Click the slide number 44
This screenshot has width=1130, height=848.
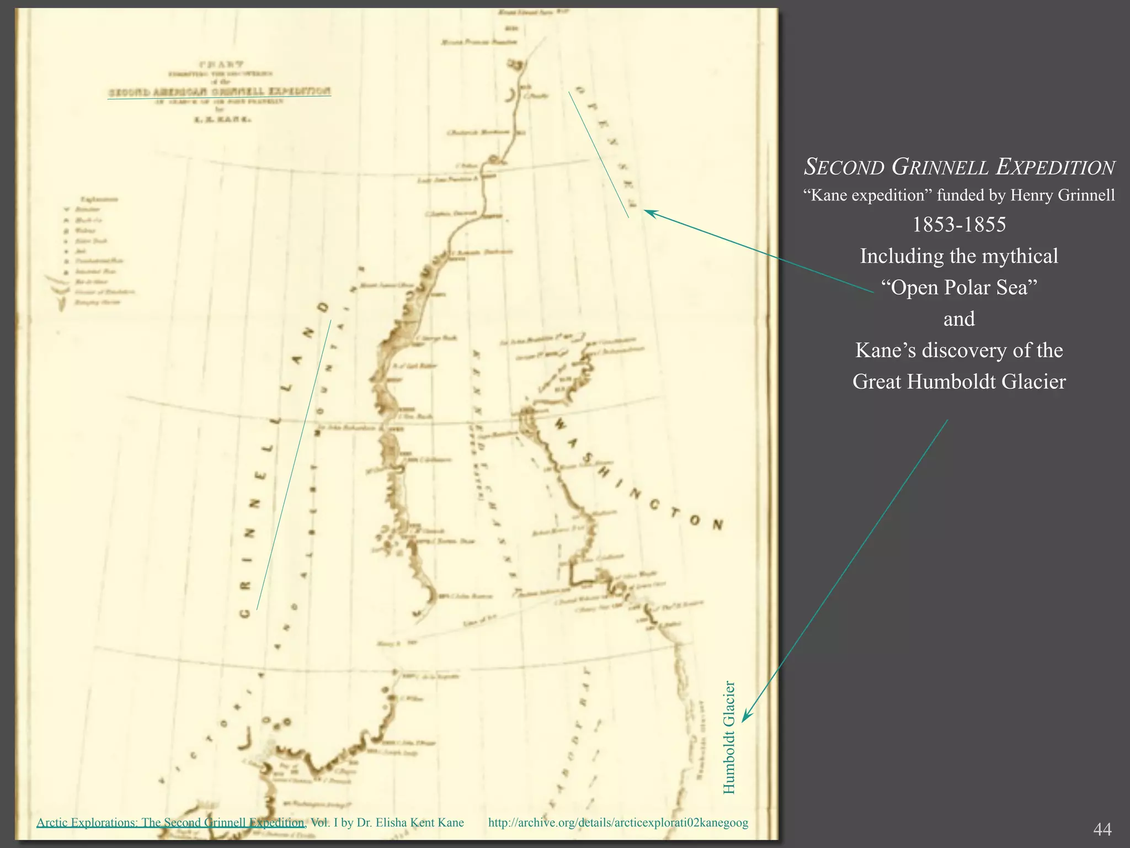(x=1102, y=829)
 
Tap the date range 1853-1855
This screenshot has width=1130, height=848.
(x=959, y=225)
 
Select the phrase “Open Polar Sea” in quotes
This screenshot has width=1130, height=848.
(x=959, y=288)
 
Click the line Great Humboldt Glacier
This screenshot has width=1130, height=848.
(x=959, y=382)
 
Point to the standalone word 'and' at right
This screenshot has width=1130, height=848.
(x=959, y=319)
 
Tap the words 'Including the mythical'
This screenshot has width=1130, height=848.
(x=959, y=256)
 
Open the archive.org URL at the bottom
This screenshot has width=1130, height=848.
(x=618, y=823)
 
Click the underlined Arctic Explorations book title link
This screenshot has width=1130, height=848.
(x=170, y=823)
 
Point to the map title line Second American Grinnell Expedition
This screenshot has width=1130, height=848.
(x=219, y=92)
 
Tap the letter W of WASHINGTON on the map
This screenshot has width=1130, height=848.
(x=561, y=424)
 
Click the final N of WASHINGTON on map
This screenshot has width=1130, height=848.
(x=717, y=525)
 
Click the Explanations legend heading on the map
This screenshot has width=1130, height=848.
(x=99, y=199)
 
